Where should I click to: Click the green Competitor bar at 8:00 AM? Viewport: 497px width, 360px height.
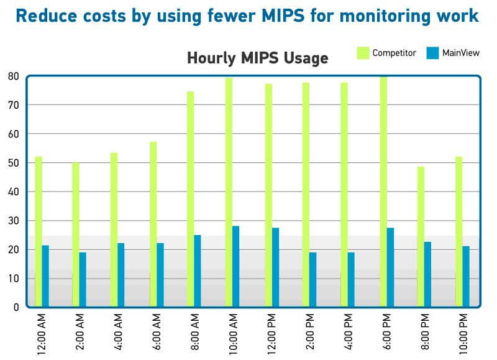click(x=191, y=199)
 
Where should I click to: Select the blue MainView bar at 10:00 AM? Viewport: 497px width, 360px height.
click(x=236, y=266)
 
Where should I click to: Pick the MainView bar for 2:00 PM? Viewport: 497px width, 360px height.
click(x=313, y=279)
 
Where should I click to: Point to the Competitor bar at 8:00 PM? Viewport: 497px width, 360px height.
click(x=421, y=236)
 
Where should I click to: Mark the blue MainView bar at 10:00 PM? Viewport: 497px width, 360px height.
click(x=466, y=276)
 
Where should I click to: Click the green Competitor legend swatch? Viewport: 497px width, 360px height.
click(x=363, y=53)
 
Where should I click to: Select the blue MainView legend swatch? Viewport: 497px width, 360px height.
click(x=433, y=53)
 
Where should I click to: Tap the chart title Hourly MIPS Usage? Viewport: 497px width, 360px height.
click(x=258, y=59)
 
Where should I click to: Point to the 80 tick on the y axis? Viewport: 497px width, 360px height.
click(x=13, y=76)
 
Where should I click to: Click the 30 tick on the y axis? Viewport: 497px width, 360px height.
click(x=13, y=221)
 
